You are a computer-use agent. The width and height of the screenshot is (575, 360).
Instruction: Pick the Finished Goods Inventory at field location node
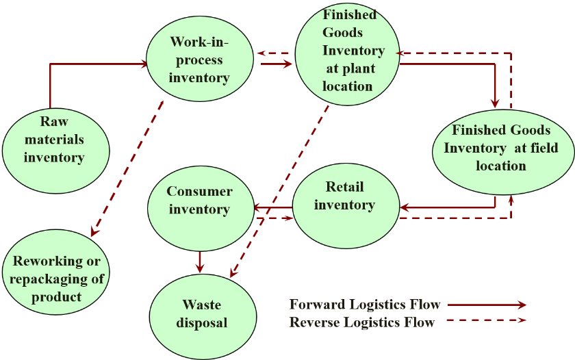502,148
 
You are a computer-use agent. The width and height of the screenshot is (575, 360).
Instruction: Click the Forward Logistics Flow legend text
364,305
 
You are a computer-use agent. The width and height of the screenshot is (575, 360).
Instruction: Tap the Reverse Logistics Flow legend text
361,322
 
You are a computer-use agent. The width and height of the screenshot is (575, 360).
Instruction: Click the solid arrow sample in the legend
487,305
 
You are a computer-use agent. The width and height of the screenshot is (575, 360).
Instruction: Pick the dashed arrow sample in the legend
487,320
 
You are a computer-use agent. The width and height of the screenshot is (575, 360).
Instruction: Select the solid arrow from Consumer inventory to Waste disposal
200,261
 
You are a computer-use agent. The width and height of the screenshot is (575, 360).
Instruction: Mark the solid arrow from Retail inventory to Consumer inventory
273,207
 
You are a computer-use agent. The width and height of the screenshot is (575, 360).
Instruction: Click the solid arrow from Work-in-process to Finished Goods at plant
276,65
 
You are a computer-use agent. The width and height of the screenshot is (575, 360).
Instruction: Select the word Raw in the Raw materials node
55,122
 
